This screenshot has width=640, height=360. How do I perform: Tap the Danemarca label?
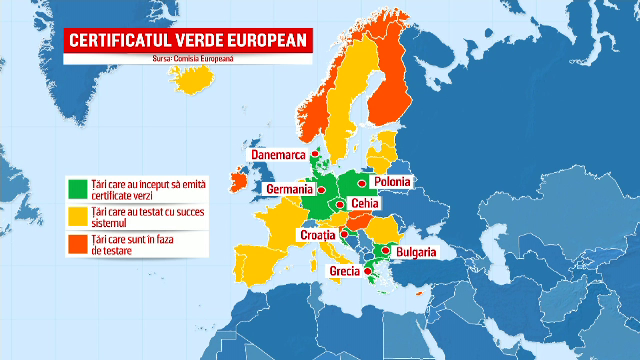click(277, 155)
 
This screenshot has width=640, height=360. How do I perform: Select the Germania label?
click(289, 188)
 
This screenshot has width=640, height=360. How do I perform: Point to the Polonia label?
click(391, 182)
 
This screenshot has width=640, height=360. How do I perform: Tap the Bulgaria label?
click(414, 253)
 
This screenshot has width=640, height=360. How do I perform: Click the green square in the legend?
click(75, 188)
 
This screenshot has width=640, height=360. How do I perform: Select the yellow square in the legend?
click(75, 215)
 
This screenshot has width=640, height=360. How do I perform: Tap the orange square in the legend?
click(75, 242)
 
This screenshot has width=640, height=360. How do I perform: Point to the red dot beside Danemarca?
click(314, 155)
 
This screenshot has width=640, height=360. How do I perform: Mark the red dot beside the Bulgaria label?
click(385, 250)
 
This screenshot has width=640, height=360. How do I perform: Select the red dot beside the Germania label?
click(322, 188)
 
